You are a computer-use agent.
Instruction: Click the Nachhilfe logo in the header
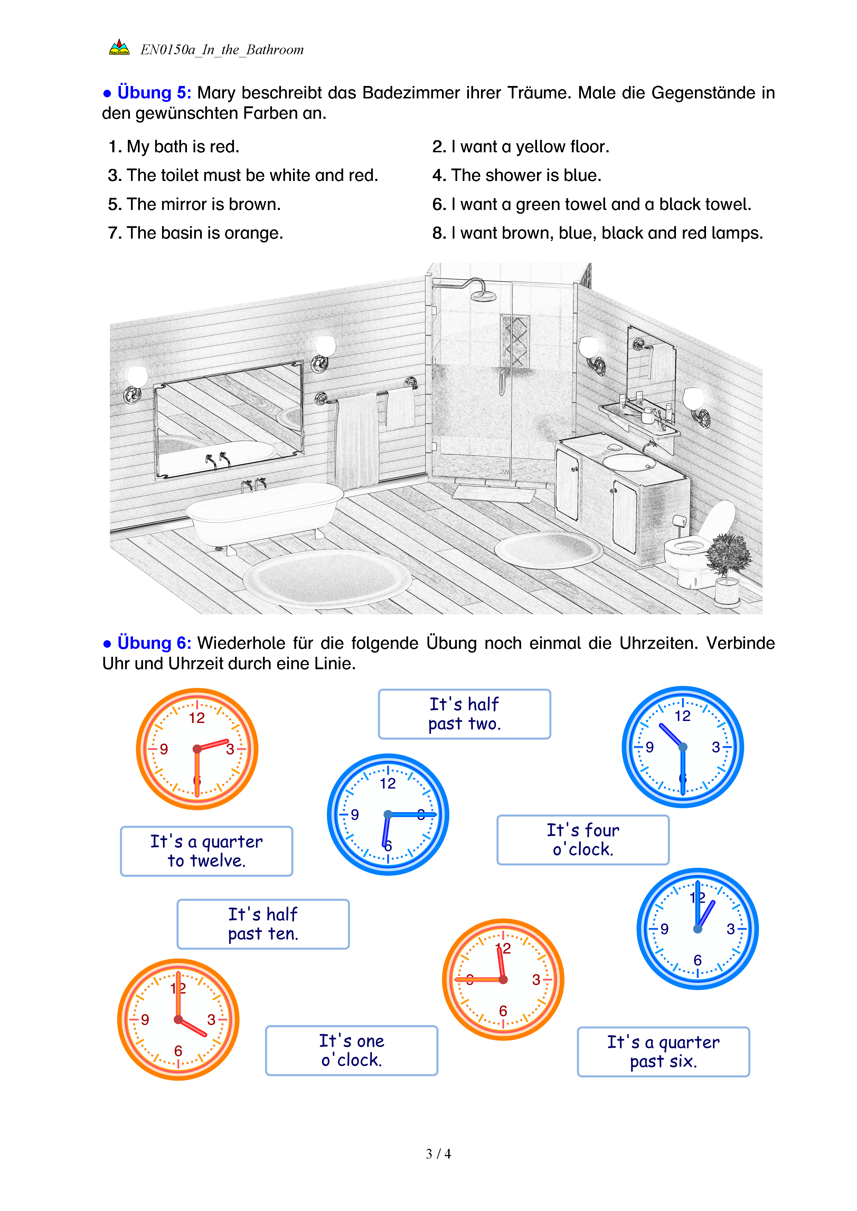click(x=119, y=48)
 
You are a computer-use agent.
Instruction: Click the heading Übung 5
click(x=153, y=93)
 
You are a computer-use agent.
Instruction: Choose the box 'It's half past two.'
click(x=464, y=714)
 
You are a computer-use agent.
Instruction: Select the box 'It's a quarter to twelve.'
click(x=206, y=851)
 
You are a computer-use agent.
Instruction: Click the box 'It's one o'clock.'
click(x=351, y=1050)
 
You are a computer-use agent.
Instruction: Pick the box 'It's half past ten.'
click(x=263, y=924)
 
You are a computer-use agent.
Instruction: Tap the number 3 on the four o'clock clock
click(x=211, y=1020)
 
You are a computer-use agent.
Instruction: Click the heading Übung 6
click(x=153, y=643)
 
